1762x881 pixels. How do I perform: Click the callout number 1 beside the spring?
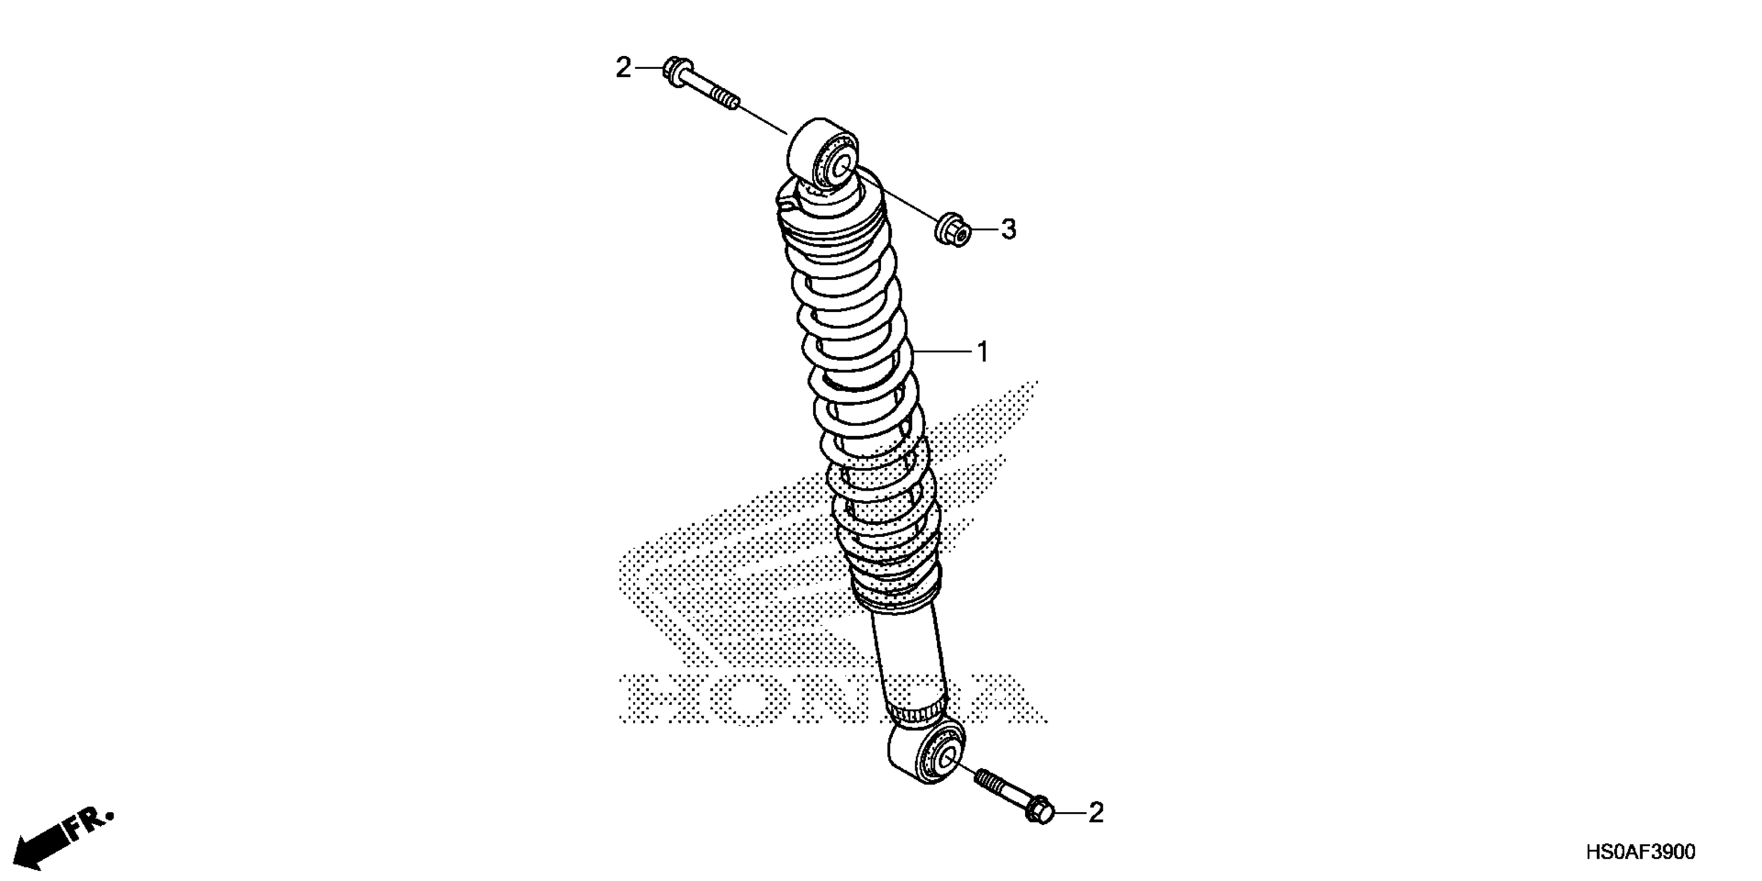(982, 352)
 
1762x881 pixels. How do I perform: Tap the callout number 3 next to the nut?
(1008, 230)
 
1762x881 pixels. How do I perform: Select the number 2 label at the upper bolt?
(622, 68)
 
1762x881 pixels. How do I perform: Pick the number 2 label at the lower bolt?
(1096, 813)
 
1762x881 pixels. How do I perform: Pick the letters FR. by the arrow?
(89, 823)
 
